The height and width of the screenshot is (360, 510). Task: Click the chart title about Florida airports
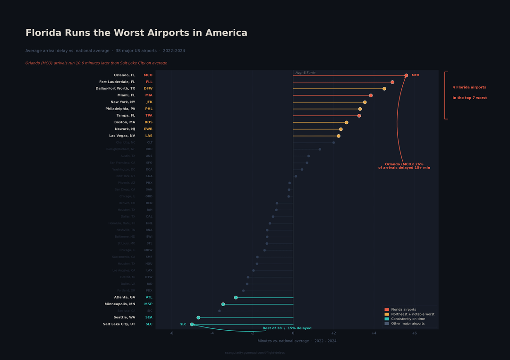point(136,33)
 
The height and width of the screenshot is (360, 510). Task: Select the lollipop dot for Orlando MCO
point(406,75)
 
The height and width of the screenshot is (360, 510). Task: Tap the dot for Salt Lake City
point(192,325)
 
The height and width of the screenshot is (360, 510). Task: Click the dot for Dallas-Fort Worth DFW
point(384,89)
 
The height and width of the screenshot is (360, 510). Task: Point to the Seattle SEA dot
point(198,318)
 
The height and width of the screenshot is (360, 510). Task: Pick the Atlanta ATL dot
point(236,298)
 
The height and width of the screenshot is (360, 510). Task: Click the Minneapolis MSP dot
point(223,304)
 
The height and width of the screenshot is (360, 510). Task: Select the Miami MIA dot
point(371,95)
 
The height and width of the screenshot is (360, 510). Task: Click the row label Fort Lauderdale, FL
point(117,82)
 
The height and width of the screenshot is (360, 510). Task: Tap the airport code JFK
point(149,102)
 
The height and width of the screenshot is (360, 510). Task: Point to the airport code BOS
point(149,122)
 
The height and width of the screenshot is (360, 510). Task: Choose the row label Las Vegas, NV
point(122,136)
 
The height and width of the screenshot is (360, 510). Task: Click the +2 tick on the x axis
point(333,333)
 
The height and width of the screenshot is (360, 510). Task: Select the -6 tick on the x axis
point(171,333)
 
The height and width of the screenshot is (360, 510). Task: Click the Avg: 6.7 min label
point(306,73)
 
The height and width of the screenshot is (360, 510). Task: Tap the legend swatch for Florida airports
point(387,310)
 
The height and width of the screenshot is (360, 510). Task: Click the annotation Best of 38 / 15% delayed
point(287,328)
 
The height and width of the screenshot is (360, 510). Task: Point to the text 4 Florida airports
point(469,87)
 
